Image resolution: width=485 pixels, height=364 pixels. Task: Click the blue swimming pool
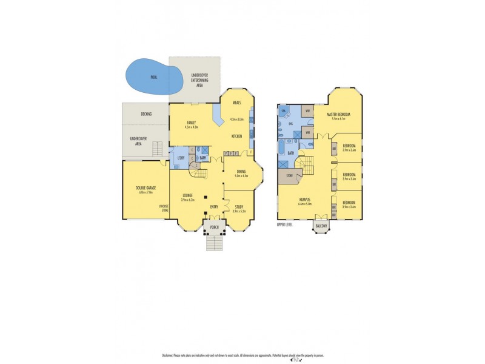(152, 77)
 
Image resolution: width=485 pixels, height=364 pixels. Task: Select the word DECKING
(145, 114)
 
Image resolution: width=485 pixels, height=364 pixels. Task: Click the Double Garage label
(145, 190)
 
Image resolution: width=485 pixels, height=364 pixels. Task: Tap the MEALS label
(236, 103)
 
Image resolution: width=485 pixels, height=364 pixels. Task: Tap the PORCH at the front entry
(214, 228)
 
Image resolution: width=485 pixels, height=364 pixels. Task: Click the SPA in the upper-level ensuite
(283, 112)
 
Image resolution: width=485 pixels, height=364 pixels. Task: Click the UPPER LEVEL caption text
(285, 224)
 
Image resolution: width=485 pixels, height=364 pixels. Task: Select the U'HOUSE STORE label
(163, 208)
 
